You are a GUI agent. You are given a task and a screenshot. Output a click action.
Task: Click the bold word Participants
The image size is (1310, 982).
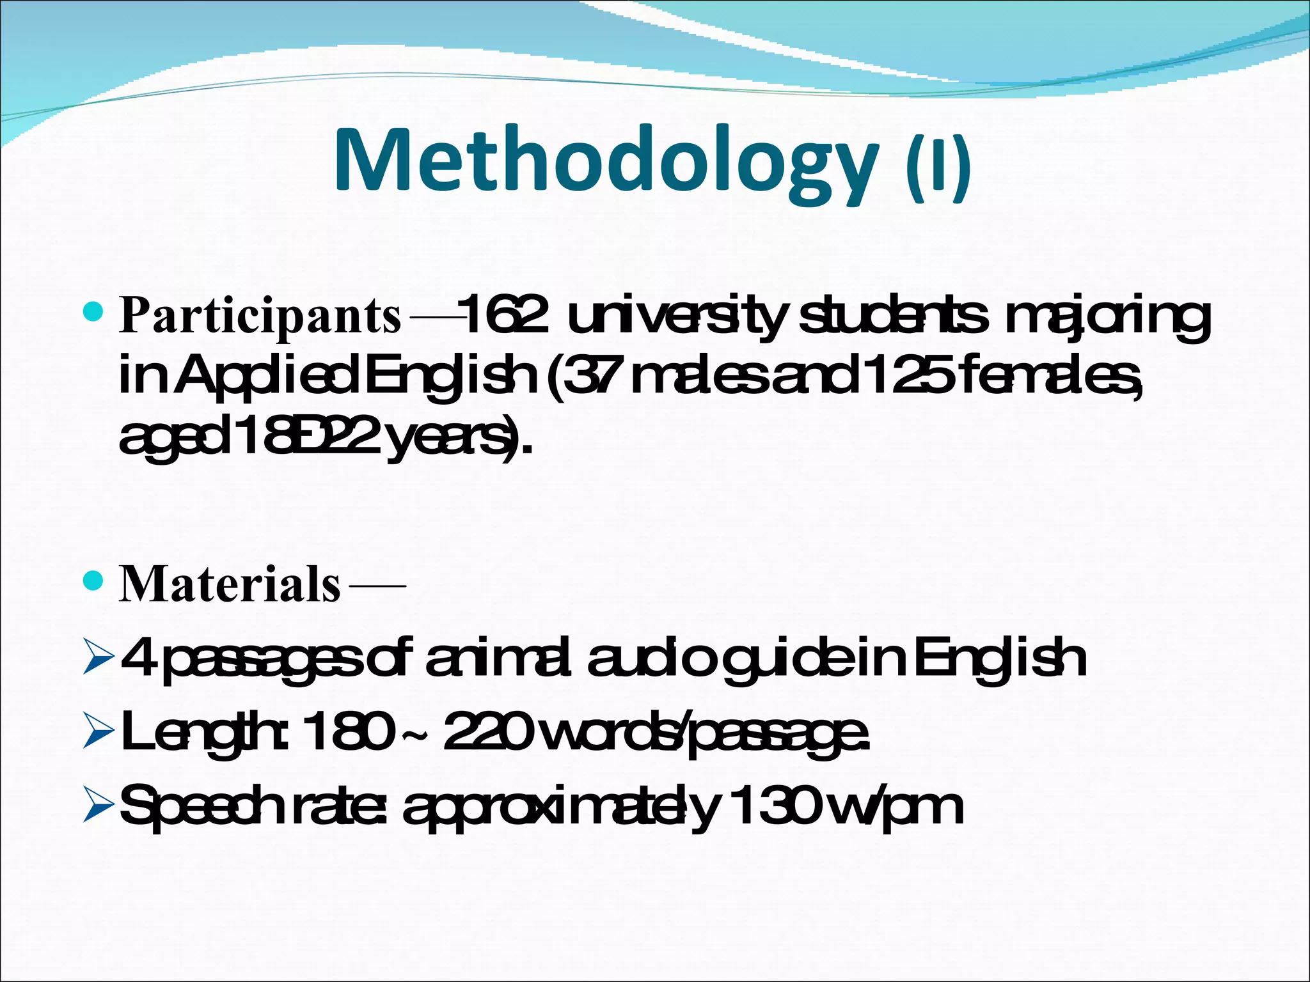tap(260, 315)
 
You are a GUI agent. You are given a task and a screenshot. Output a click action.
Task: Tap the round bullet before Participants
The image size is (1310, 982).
tap(93, 312)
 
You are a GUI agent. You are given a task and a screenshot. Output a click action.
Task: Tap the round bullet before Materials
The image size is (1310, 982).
tap(93, 581)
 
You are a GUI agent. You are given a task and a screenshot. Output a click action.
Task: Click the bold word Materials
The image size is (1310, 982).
tap(230, 584)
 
